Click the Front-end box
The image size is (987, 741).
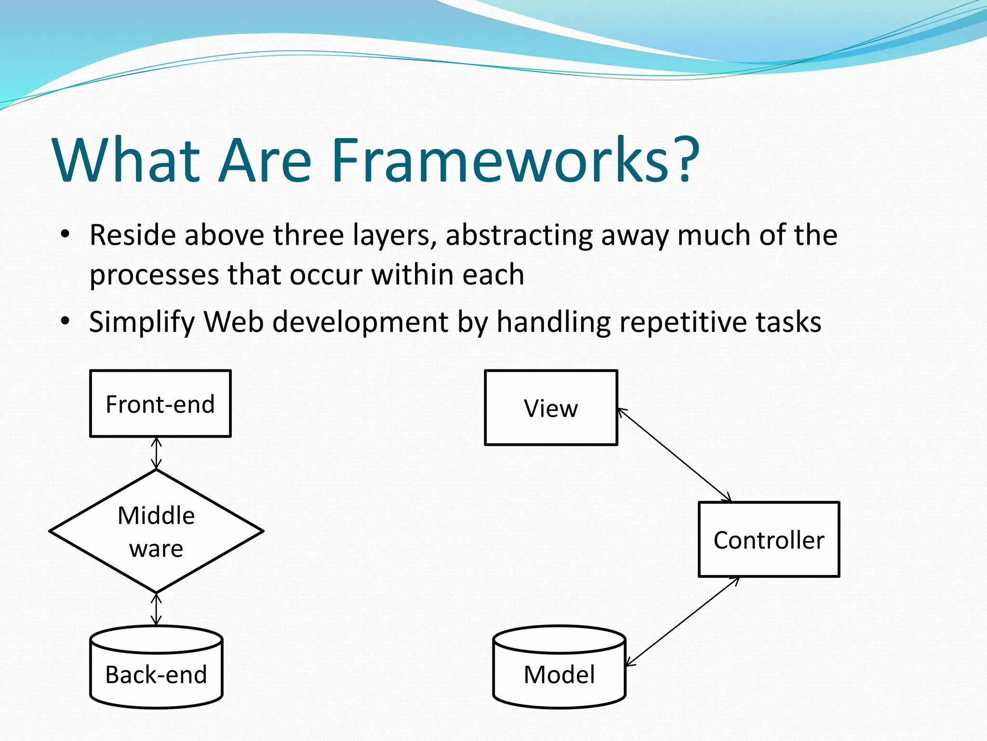click(160, 404)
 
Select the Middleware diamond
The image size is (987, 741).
click(156, 531)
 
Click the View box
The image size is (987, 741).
click(551, 408)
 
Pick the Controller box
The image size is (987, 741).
click(769, 539)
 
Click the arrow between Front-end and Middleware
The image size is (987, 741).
click(156, 453)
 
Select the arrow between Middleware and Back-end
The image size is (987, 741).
click(156, 609)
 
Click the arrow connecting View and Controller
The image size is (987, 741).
click(675, 455)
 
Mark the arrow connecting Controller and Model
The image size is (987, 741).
click(682, 621)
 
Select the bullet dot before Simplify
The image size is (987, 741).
click(65, 321)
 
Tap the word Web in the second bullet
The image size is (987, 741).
click(233, 322)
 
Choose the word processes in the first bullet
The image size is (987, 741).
click(154, 275)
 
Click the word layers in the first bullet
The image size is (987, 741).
click(393, 236)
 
